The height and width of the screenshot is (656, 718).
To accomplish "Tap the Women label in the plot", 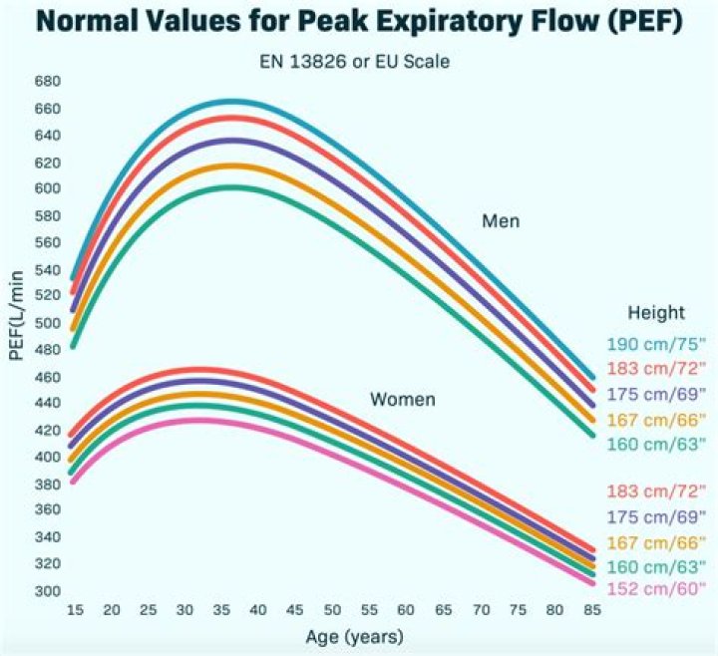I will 403,400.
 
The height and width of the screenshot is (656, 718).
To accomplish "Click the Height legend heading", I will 655,313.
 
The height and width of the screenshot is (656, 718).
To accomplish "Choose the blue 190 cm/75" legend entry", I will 655,345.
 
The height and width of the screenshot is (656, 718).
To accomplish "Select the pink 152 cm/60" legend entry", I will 655,589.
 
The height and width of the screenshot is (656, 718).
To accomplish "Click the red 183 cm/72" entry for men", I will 655,369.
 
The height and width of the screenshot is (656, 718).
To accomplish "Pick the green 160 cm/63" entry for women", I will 655,565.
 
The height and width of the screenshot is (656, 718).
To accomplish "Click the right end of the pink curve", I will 590,581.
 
